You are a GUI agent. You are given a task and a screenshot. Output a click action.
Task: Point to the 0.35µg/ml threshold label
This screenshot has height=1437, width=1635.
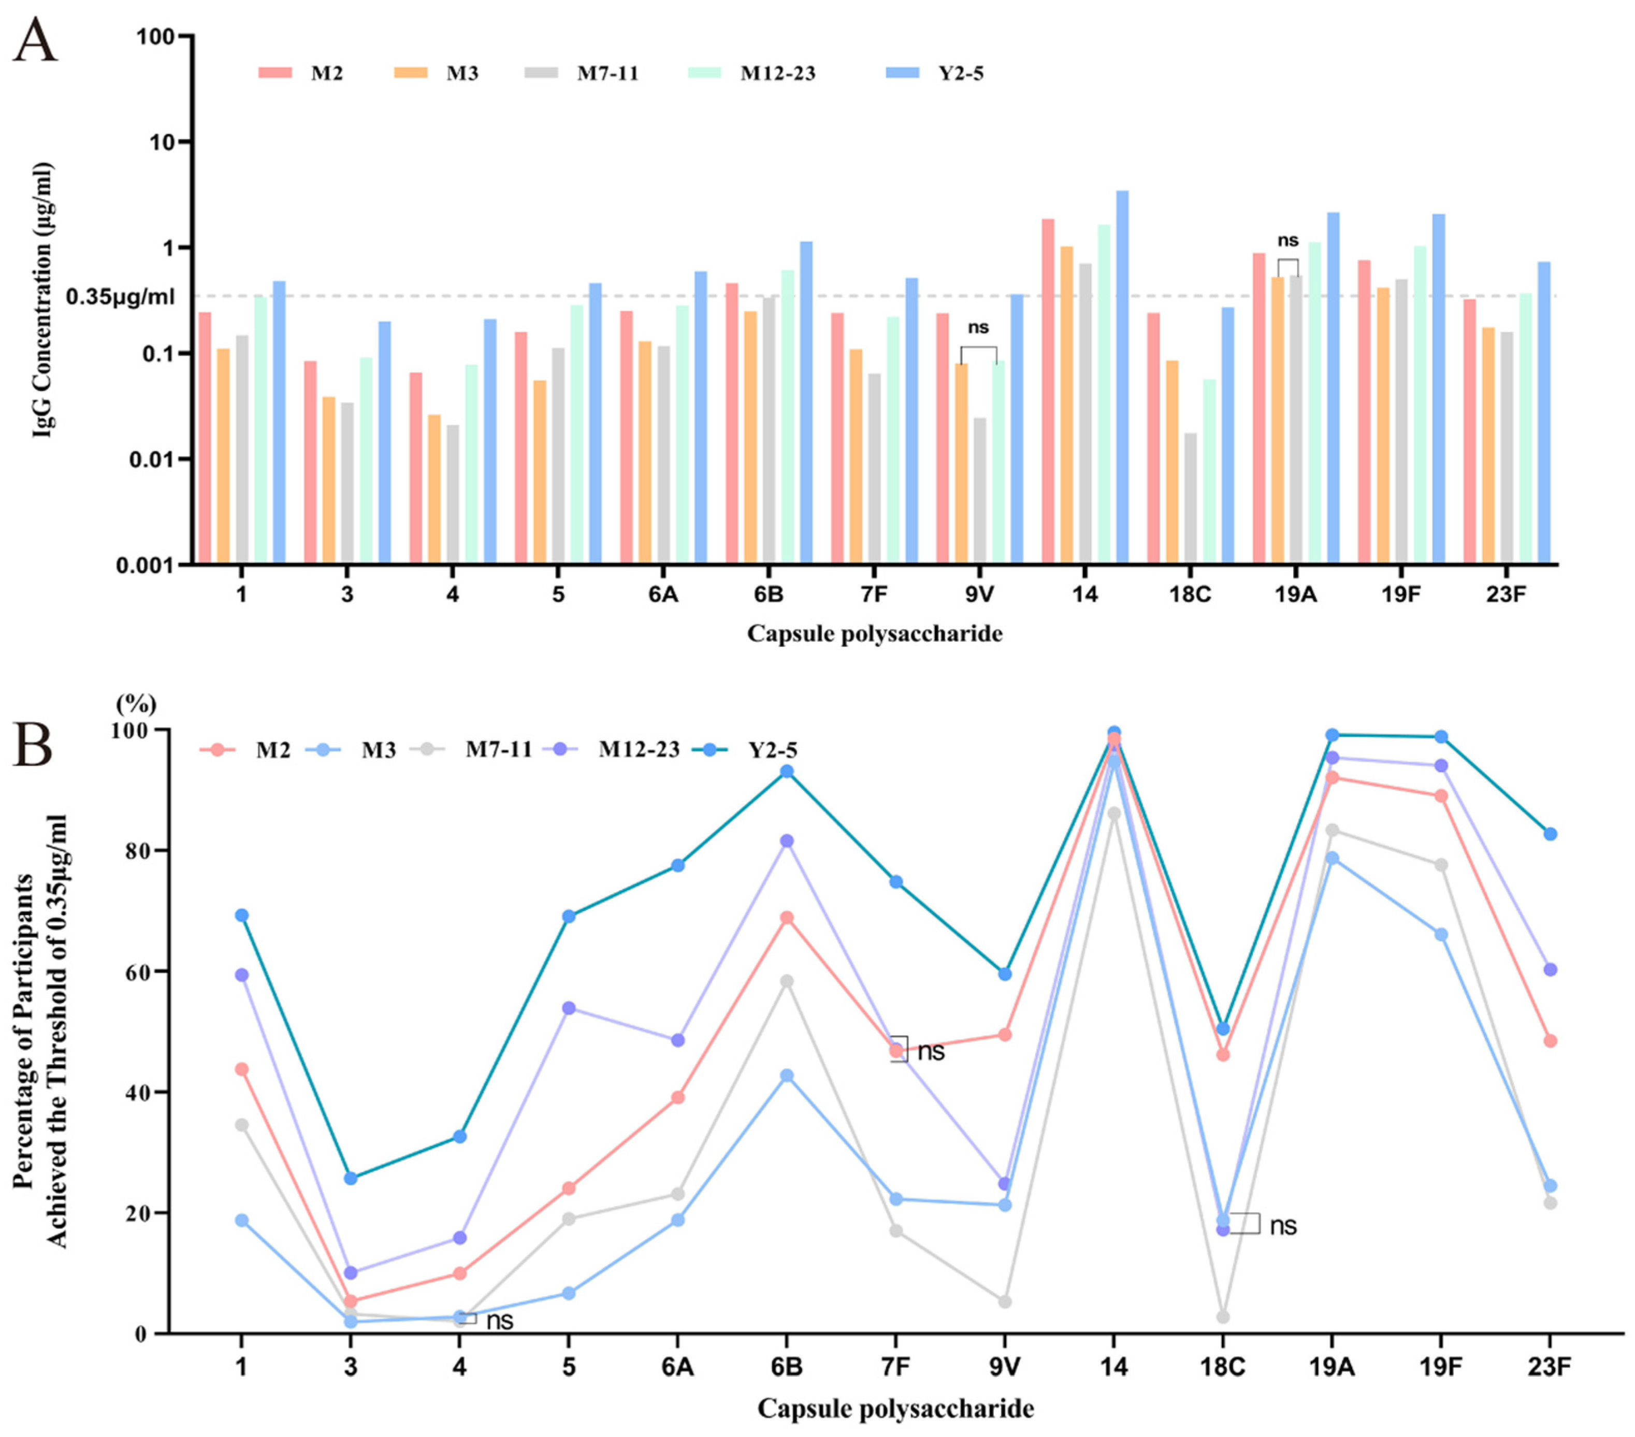[120, 297]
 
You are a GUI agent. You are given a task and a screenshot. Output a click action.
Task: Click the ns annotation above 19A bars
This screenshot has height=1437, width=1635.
[1287, 241]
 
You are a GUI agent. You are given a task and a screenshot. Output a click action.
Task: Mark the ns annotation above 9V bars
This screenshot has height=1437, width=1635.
[978, 328]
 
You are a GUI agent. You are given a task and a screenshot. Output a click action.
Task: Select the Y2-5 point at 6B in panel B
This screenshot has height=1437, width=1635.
[786, 772]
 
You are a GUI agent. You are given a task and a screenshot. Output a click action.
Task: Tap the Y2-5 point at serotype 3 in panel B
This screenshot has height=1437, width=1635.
[350, 1178]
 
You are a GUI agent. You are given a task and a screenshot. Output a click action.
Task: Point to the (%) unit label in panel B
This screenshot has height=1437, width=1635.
[137, 704]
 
